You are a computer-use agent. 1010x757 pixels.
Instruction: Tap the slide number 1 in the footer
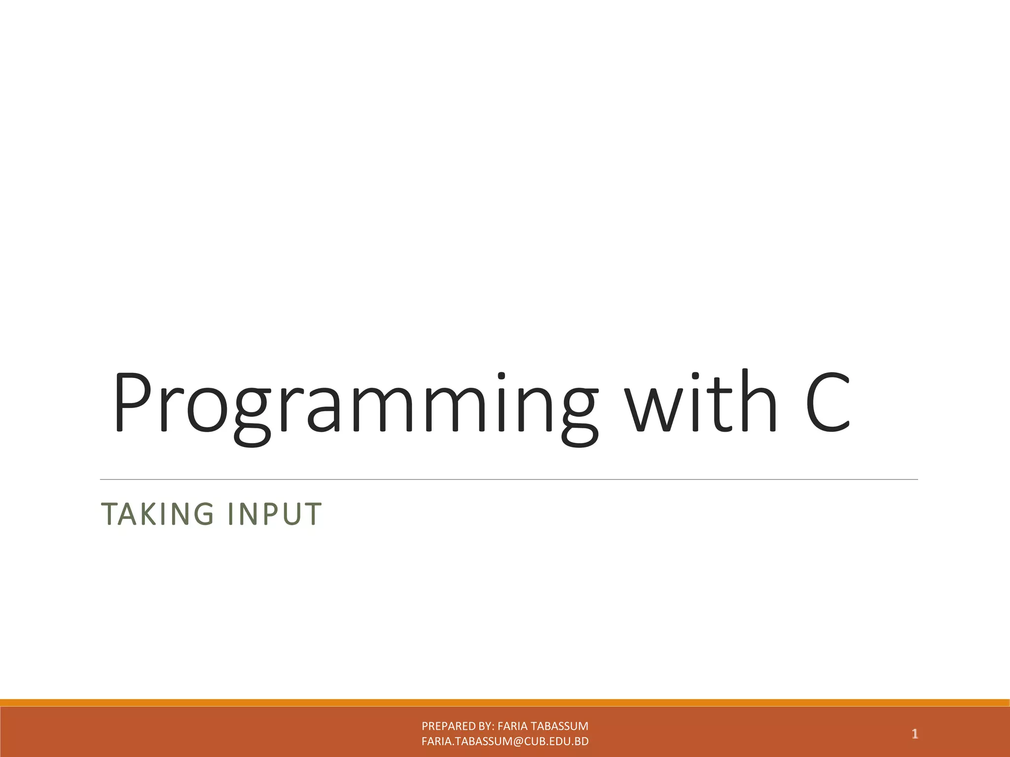(914, 734)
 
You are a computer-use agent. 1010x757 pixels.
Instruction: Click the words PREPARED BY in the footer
(457, 726)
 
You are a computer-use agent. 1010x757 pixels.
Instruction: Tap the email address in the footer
(505, 741)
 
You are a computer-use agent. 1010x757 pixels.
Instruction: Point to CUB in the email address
(536, 741)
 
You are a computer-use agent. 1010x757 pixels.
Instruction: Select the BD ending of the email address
(582, 741)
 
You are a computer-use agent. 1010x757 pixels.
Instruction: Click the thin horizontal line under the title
(508, 479)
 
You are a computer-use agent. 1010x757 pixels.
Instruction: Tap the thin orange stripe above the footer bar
(505, 702)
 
